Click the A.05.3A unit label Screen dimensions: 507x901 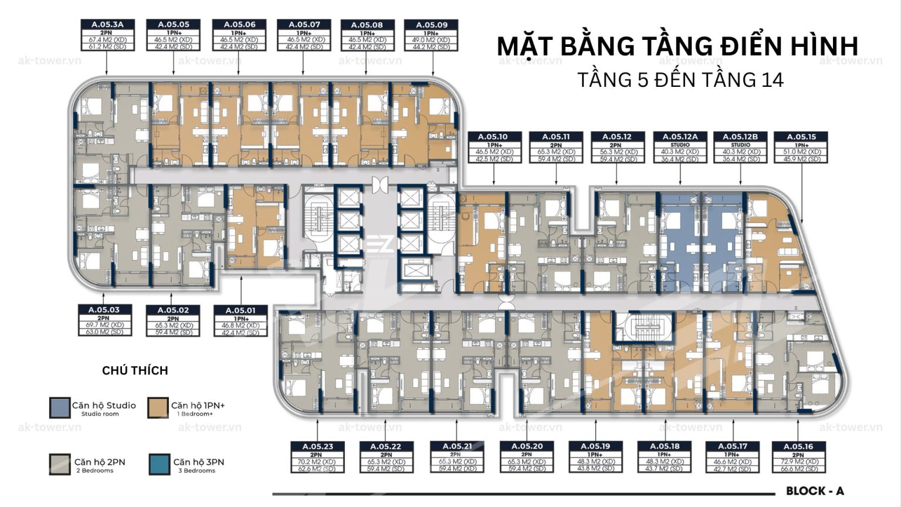(107, 25)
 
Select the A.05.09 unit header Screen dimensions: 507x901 (432, 25)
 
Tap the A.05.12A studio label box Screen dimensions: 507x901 (680, 137)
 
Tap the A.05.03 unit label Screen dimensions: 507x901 (104, 310)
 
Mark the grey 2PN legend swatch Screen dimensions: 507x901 (59, 464)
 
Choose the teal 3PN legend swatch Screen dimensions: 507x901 (159, 464)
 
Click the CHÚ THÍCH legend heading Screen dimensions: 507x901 (135, 370)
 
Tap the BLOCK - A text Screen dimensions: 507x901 (815, 491)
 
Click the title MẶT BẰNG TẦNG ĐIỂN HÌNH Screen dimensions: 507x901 (677, 46)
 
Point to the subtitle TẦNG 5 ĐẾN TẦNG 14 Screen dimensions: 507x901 (680, 80)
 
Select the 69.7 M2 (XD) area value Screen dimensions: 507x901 (104, 325)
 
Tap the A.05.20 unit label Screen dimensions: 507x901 (526, 447)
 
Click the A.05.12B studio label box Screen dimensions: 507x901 (740, 137)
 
